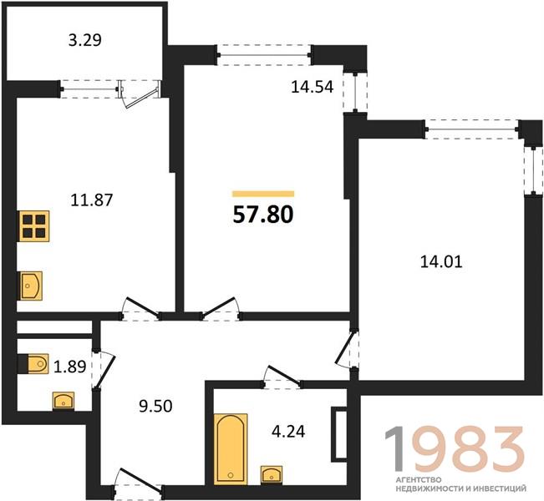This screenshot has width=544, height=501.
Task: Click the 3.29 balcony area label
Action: click(x=85, y=40)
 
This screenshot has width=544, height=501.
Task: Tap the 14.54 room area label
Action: click(x=313, y=87)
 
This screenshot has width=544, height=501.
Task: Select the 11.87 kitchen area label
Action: click(x=92, y=200)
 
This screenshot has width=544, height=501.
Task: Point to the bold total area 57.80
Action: click(x=263, y=215)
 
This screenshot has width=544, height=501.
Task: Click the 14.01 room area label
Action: click(x=441, y=261)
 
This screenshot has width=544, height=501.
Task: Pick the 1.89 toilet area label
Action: click(x=70, y=367)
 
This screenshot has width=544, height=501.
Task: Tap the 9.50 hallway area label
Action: click(x=155, y=407)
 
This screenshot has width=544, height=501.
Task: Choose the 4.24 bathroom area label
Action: click(x=288, y=432)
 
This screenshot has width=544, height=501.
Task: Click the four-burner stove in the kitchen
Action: click(x=34, y=226)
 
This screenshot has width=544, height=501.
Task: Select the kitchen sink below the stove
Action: click(x=31, y=286)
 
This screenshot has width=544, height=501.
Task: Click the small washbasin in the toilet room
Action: click(x=64, y=401)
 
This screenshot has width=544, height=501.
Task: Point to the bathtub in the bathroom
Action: click(x=231, y=448)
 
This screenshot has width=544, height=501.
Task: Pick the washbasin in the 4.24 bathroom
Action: click(x=272, y=474)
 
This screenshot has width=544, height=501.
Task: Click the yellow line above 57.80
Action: click(x=263, y=194)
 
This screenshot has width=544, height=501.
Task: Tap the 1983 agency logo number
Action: click(x=455, y=449)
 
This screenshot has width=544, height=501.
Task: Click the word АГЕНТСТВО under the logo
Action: click(x=419, y=480)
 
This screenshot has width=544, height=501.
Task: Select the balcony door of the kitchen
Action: click(x=140, y=94)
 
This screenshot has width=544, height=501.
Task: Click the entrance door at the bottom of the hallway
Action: click(x=139, y=483)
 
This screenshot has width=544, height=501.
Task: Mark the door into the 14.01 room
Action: click(x=348, y=350)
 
